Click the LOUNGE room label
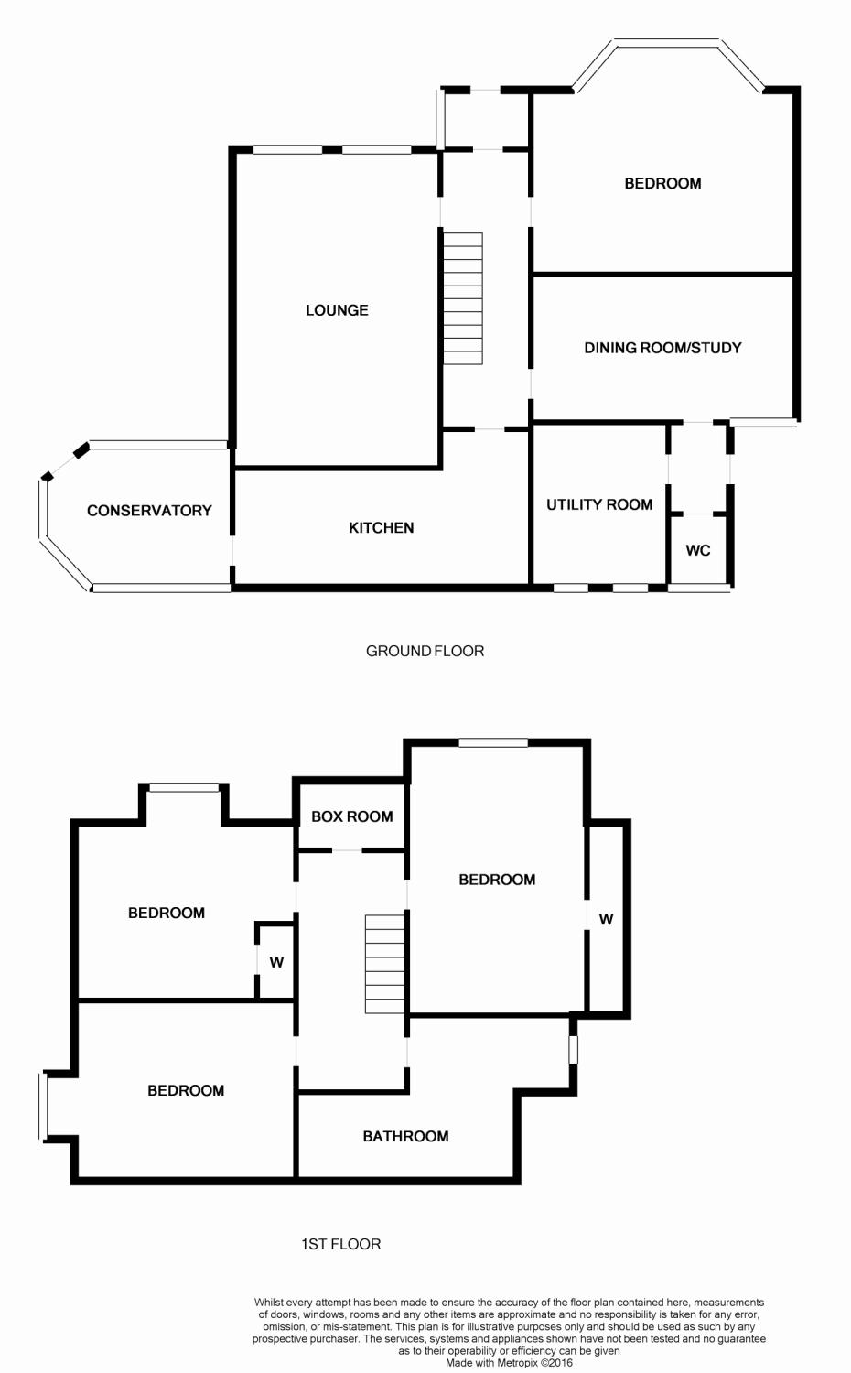click(337, 310)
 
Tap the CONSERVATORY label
click(149, 511)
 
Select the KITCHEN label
click(381, 528)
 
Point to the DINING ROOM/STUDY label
click(662, 348)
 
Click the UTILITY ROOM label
click(599, 504)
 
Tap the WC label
click(698, 550)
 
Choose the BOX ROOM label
click(351, 816)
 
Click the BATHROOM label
click(405, 1137)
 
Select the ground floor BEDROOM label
click(662, 183)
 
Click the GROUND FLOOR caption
click(425, 651)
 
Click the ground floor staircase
click(463, 298)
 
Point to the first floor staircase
click(385, 964)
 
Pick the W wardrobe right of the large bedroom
click(606, 919)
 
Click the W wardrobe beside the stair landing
click(276, 962)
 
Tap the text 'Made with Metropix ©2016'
click(509, 1363)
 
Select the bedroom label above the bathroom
click(497, 881)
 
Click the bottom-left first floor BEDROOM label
click(186, 1090)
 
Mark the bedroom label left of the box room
click(166, 913)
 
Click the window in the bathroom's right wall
click(573, 1049)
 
